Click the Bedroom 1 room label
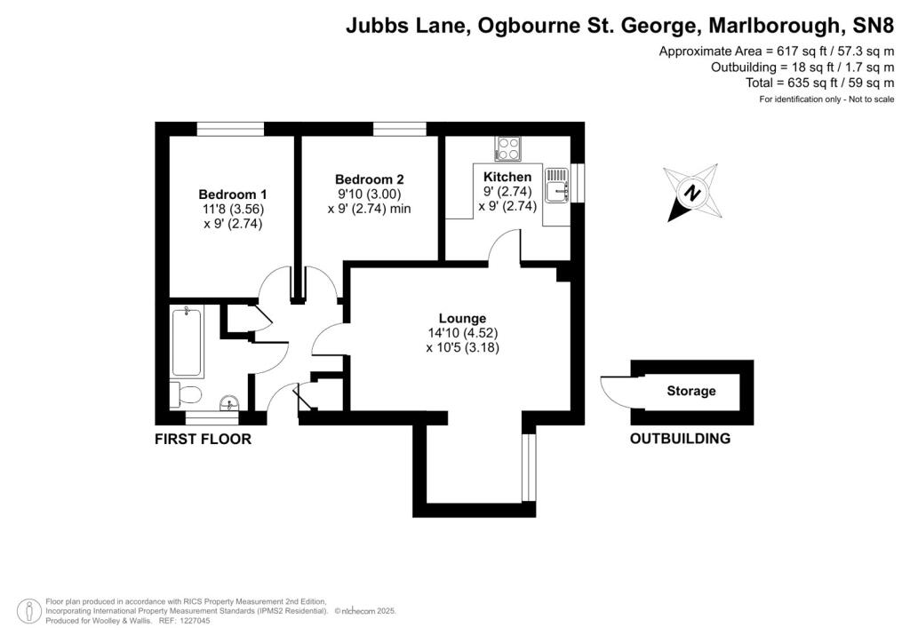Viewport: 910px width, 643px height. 233,194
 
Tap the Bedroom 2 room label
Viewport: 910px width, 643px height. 369,178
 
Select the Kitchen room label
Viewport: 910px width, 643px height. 507,178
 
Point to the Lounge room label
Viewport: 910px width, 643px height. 462,318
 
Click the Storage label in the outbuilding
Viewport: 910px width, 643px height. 690,391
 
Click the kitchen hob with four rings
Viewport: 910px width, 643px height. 509,148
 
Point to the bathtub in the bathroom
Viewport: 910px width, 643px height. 188,341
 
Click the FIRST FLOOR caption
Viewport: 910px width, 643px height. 203,439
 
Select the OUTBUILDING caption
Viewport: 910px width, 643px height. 680,439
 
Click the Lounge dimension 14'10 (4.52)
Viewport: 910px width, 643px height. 462,333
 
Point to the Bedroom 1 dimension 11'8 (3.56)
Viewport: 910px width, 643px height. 233,210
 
